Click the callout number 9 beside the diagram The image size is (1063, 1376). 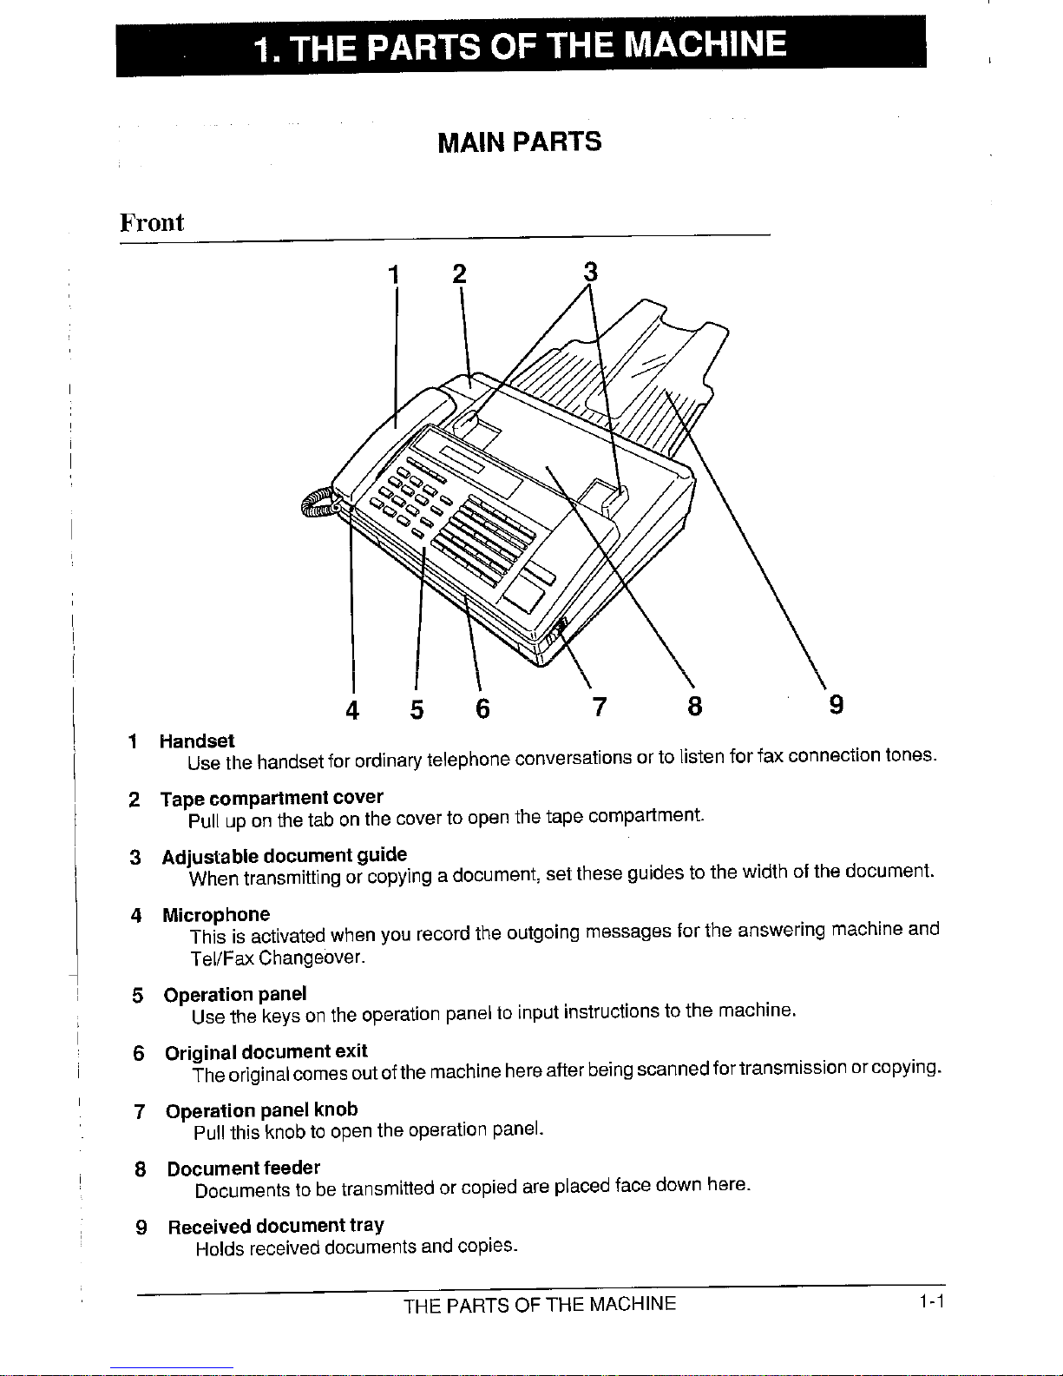[836, 704]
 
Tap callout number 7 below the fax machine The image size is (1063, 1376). [598, 708]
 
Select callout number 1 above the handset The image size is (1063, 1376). [394, 274]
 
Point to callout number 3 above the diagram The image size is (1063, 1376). [590, 272]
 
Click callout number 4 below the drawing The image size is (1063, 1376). [351, 710]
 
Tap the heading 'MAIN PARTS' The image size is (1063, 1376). [519, 142]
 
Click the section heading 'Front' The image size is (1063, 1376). [152, 222]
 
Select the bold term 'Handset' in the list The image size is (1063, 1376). [197, 741]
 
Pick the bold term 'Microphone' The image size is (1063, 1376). [216, 914]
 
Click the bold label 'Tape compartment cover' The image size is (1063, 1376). [272, 797]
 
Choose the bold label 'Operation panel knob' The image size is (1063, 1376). [261, 1110]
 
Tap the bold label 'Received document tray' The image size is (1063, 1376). [276, 1226]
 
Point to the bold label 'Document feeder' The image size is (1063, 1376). [244, 1168]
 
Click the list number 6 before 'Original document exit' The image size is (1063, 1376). [138, 1053]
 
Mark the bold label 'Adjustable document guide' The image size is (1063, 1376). [284, 856]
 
